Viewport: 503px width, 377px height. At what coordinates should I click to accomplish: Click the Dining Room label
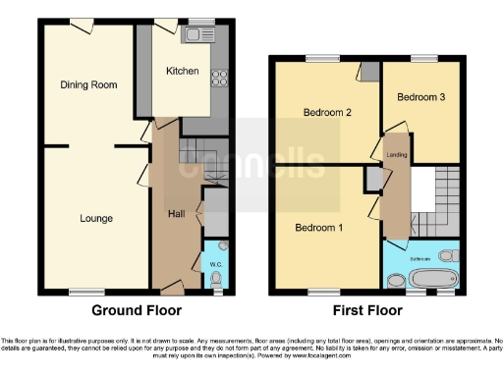click(88, 85)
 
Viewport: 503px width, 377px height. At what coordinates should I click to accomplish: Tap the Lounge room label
click(95, 218)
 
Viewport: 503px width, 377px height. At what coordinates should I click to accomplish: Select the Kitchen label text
click(182, 71)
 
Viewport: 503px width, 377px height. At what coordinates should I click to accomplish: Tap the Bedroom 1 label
click(319, 228)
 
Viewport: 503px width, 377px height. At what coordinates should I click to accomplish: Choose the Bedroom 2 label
click(327, 112)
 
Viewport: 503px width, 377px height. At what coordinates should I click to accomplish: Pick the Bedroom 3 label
click(420, 97)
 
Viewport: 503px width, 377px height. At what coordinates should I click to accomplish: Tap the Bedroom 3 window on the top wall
click(423, 60)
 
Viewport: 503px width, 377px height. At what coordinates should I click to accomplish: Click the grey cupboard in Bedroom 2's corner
click(369, 72)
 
